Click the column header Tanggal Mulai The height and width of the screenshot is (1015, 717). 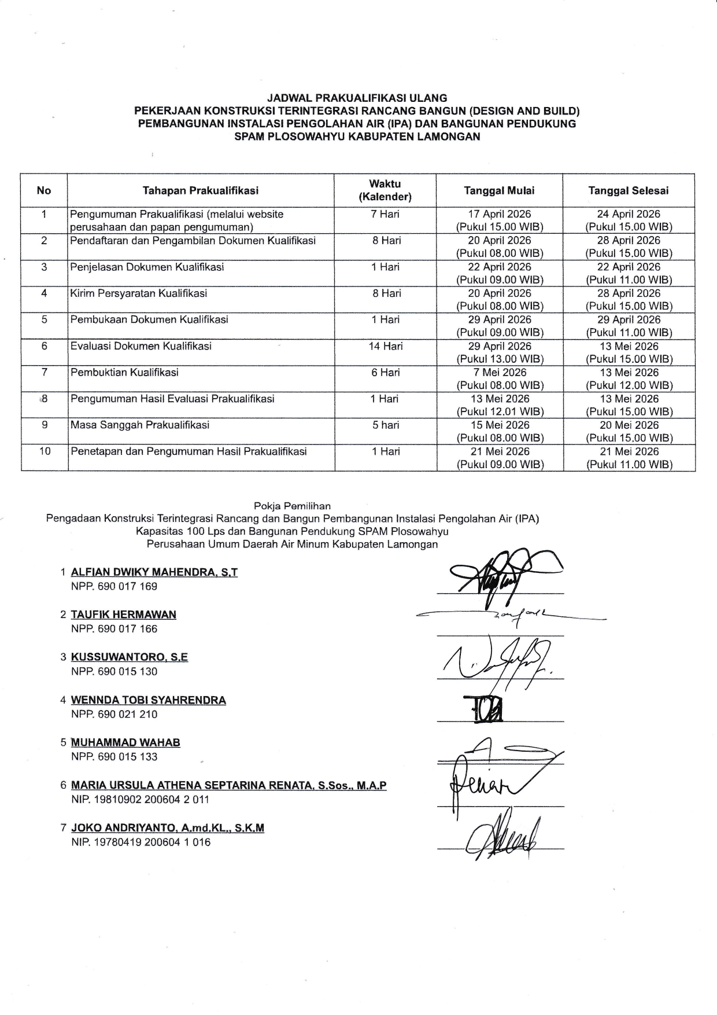tap(500, 190)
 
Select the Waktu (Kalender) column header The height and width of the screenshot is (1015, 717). tap(385, 190)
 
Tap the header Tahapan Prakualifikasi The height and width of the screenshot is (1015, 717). tap(201, 190)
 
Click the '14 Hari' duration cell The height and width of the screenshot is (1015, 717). tap(386, 346)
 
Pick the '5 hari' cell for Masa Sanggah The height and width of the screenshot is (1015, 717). tap(386, 425)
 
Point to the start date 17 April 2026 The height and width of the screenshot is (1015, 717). tap(500, 214)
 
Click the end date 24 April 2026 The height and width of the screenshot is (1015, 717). tap(629, 214)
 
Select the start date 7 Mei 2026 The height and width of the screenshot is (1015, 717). tap(500, 373)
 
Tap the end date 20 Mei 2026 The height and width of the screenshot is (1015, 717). tap(629, 425)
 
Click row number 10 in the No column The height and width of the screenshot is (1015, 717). tap(45, 451)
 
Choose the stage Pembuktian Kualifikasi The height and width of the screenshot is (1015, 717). tap(124, 372)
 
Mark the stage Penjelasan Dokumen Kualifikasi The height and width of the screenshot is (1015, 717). tap(147, 267)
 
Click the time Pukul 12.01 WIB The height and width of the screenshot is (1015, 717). tap(500, 412)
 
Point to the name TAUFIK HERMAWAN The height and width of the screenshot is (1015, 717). tap(124, 615)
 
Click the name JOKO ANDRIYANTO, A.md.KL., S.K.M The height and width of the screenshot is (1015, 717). tap(168, 828)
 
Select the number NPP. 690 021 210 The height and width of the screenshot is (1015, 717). tap(114, 714)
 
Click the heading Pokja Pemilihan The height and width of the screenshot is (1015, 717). tap(293, 506)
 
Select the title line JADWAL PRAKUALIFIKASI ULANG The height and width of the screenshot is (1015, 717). tap(357, 98)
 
